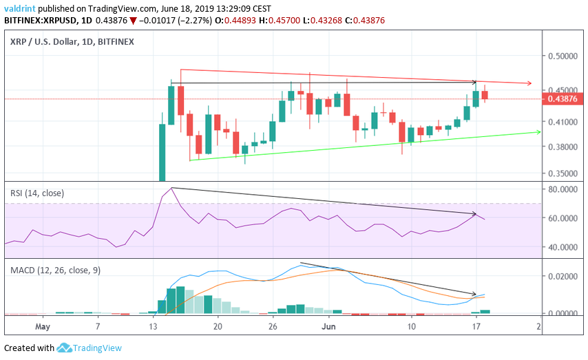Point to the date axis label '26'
tap(273, 326)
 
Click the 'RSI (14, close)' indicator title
tap(37, 193)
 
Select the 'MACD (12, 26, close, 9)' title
tap(55, 271)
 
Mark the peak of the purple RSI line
tap(171, 188)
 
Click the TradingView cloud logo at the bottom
tap(65, 348)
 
